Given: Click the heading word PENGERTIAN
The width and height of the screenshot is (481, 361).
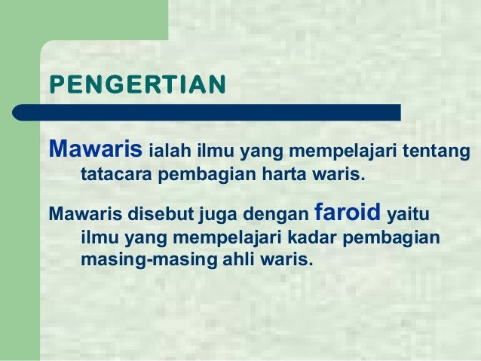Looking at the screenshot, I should point(136,82).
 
